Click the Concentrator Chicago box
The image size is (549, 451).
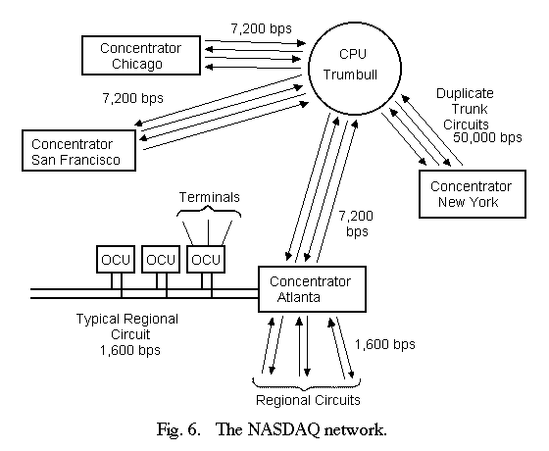click(x=141, y=55)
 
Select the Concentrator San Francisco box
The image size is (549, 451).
click(x=78, y=151)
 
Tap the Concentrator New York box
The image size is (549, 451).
click(x=473, y=194)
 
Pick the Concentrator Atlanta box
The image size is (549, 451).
click(x=312, y=289)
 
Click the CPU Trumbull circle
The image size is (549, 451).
click(x=355, y=69)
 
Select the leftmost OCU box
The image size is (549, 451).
click(x=116, y=259)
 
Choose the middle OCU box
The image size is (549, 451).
click(x=161, y=259)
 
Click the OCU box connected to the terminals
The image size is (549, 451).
click(x=206, y=259)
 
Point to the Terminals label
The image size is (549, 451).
click(x=210, y=197)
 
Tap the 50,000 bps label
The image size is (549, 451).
click(x=487, y=137)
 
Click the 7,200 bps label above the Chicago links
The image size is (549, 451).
click(x=261, y=28)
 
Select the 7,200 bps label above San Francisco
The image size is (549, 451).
click(x=132, y=98)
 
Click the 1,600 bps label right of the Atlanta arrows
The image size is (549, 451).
click(x=385, y=344)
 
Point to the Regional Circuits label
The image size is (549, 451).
click(x=308, y=400)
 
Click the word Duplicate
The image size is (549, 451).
click(x=465, y=93)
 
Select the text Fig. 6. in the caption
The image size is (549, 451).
click(x=178, y=430)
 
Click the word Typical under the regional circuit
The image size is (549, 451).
click(x=97, y=320)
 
